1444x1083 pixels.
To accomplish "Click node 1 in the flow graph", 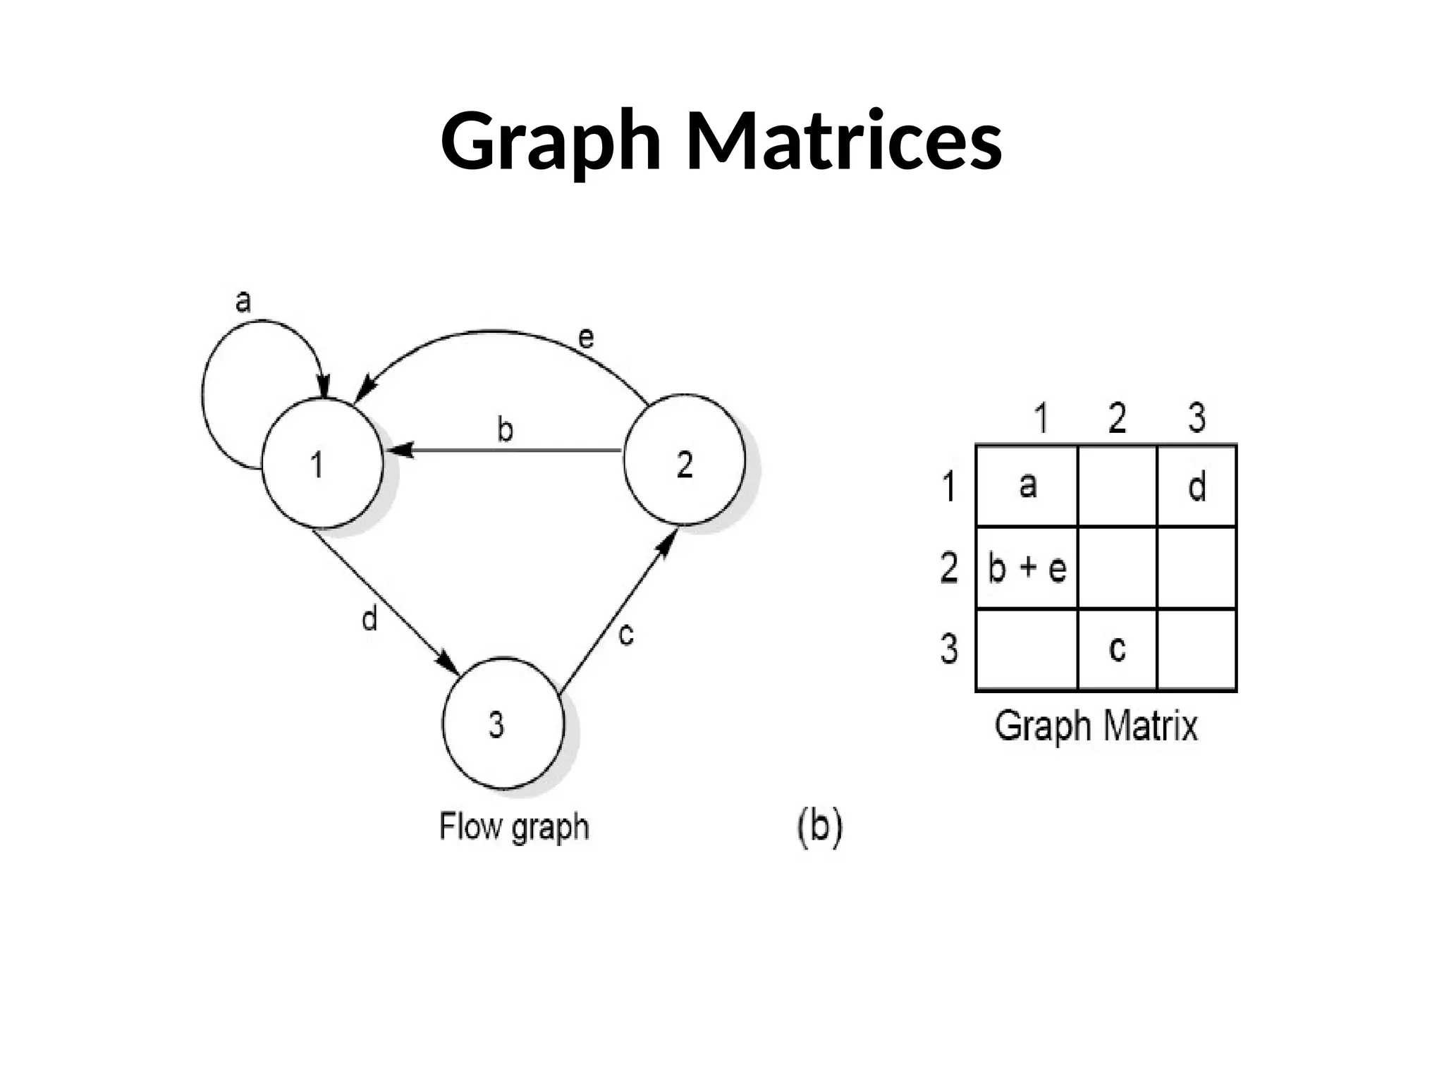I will [x=322, y=463].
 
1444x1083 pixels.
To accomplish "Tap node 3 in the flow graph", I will [x=503, y=723].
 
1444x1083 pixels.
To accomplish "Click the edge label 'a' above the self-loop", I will [x=243, y=302].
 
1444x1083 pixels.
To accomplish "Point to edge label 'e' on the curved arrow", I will [x=586, y=338].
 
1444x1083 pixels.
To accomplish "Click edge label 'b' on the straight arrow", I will [x=505, y=429].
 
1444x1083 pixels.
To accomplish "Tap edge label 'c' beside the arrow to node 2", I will [x=625, y=633].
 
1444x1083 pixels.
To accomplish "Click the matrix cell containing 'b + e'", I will [x=1027, y=568].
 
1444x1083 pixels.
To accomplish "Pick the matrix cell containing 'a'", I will [x=1027, y=485].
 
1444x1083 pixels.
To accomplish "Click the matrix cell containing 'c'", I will [x=1117, y=649].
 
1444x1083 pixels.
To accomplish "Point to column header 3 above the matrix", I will [x=1197, y=417].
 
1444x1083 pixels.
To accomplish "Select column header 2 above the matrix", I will [x=1117, y=417].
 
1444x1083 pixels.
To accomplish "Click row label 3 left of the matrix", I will [x=949, y=649].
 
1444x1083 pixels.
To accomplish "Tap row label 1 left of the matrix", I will [x=949, y=487].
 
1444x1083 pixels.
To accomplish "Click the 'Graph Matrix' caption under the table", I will [x=1096, y=726].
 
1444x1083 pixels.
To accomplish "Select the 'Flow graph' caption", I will [x=514, y=827].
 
